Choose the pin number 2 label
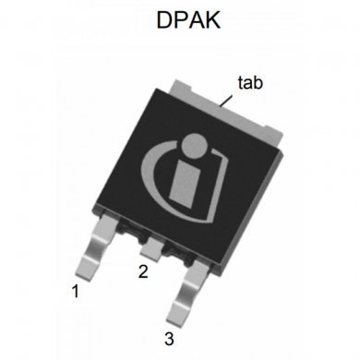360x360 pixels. tap(143, 272)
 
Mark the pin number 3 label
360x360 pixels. tap(169, 337)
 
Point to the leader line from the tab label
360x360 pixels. tap(228, 97)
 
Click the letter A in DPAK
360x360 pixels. tap(192, 20)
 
